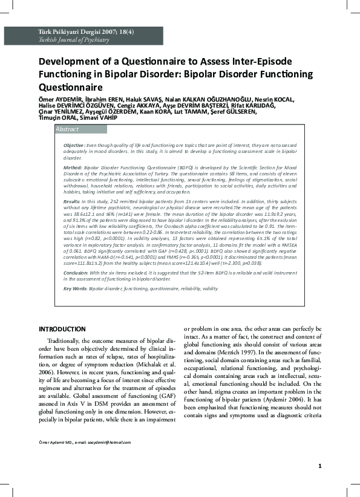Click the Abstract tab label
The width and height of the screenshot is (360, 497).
[67, 129]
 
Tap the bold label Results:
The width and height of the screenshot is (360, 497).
[72, 200]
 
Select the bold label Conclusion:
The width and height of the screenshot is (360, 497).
[76, 273]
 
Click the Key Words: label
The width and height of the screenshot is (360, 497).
[75, 289]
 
